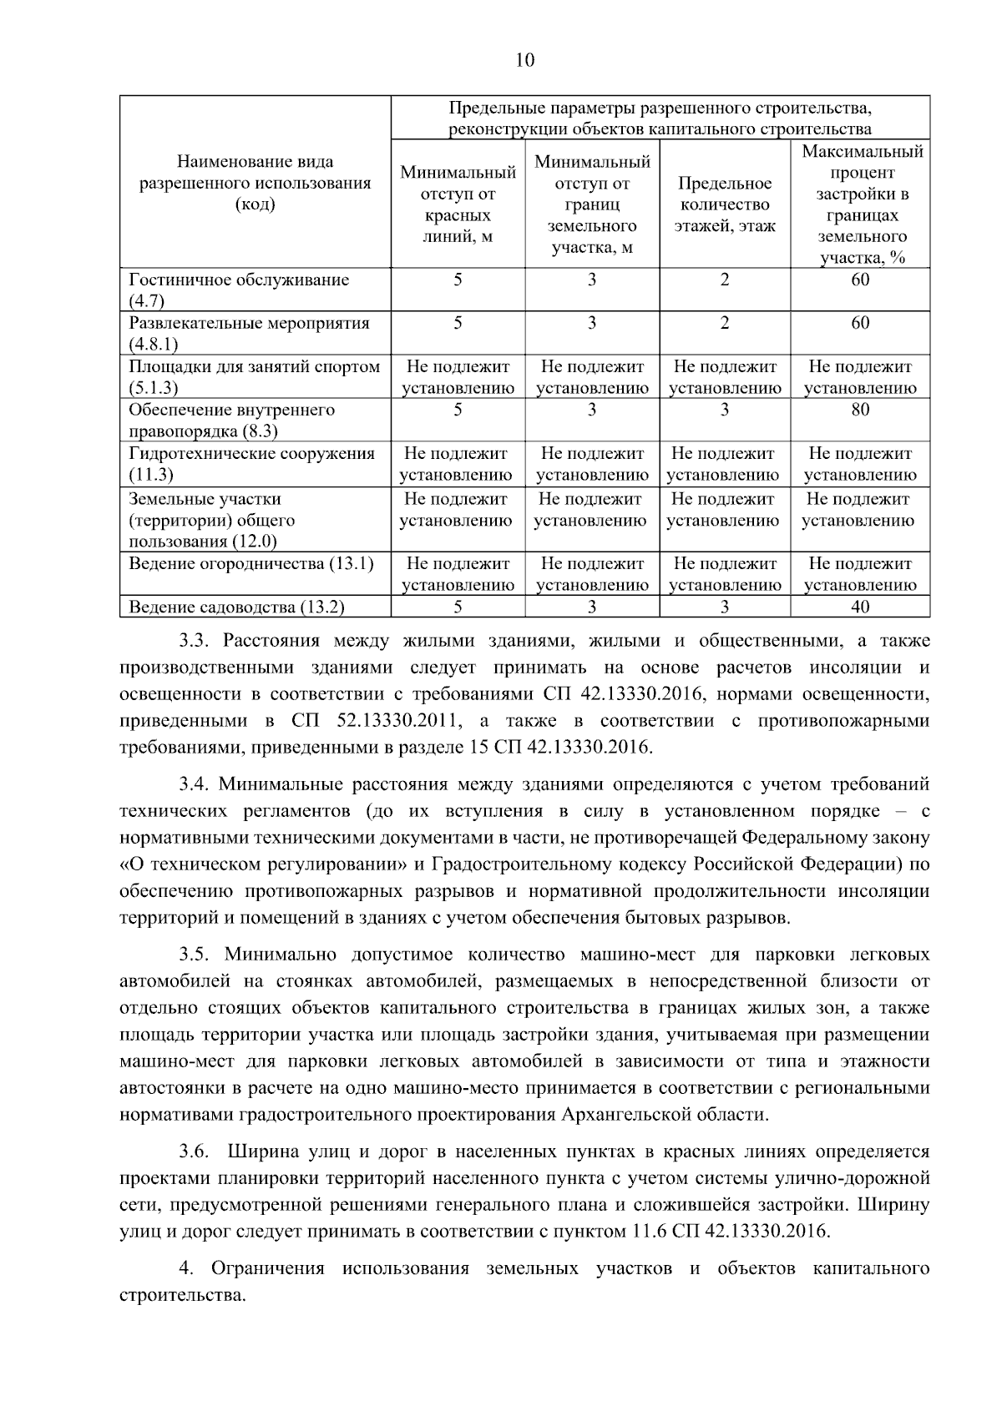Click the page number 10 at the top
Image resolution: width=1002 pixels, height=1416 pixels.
525,60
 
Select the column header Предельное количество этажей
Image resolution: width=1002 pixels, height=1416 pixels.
725,204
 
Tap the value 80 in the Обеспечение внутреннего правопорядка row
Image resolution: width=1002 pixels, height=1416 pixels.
860,410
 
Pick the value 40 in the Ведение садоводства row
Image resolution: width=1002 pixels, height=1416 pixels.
860,607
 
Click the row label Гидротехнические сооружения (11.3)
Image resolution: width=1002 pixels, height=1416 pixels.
251,464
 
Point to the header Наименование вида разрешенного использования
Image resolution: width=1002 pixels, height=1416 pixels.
256,183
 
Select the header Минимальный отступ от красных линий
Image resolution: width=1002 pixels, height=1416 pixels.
458,204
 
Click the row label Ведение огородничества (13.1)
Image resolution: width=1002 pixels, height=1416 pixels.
250,563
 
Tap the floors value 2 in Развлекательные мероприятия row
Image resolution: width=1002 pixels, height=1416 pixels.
725,323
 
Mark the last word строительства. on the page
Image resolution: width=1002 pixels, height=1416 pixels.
184,1296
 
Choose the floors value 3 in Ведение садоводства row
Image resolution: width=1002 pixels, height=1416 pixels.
725,607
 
